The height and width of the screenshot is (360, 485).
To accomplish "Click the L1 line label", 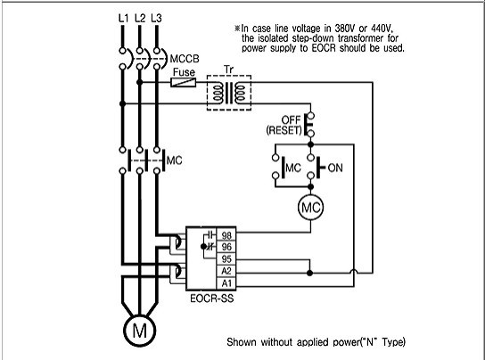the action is point(123,18).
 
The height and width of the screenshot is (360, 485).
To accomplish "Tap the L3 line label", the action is point(157,18).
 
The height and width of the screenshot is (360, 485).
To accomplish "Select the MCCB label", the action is point(185,59).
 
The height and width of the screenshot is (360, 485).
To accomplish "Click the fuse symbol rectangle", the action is point(184,82).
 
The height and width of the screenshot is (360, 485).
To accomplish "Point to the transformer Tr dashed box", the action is point(229,76).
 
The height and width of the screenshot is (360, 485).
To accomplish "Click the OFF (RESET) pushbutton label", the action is point(284,125).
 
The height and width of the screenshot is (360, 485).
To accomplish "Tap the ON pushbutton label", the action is point(335,168).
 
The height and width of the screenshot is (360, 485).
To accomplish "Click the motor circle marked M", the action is point(139,331).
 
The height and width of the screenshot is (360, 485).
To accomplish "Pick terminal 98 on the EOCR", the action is point(226,235).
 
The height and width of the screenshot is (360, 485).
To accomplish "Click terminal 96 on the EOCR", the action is point(226,247).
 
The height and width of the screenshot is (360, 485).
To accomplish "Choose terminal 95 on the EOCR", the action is point(226,259).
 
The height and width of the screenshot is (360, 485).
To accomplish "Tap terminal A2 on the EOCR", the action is point(226,271).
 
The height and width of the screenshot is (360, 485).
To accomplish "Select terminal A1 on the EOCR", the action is point(226,283).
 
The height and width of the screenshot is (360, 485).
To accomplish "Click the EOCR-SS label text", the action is point(212,299).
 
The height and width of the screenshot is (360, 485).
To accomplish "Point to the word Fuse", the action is point(184,72).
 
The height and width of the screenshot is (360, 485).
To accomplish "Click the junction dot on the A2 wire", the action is point(309,273).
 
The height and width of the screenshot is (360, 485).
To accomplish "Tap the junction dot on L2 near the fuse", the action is point(140,82).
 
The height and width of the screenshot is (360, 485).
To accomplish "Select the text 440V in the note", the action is point(382,29).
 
